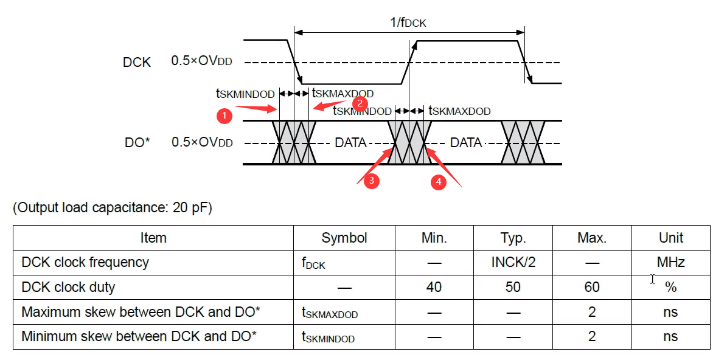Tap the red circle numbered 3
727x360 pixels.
coord(372,180)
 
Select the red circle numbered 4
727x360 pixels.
coord(438,181)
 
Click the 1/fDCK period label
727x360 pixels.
coord(408,23)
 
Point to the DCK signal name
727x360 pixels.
coord(137,62)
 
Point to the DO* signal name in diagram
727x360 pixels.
coord(137,143)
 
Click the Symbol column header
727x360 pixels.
coord(344,238)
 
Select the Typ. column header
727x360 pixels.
coord(513,238)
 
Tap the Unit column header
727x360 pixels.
coord(670,238)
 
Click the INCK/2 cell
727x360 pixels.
coord(513,262)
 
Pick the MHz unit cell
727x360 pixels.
coord(670,262)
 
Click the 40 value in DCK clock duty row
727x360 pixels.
coord(434,287)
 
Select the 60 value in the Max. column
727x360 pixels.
coord(592,287)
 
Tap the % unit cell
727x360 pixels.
coord(670,287)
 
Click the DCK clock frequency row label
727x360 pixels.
coord(85,262)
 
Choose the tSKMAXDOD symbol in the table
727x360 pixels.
coord(330,313)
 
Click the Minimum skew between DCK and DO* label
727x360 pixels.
coord(139,336)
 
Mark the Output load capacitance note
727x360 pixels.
coord(113,208)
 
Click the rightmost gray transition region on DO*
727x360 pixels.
coord(523,142)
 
